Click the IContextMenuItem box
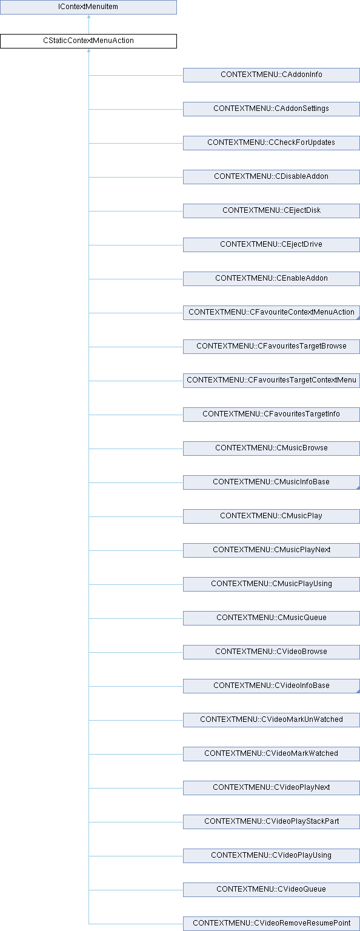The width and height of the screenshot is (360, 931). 88,7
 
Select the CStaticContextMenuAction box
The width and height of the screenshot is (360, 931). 88,41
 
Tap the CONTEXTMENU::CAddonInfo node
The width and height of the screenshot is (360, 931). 272,75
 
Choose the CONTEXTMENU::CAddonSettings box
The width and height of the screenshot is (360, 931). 272,109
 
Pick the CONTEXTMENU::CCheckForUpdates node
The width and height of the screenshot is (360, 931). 272,142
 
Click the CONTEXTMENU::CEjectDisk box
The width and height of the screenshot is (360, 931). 272,211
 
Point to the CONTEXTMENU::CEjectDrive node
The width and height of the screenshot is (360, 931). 272,244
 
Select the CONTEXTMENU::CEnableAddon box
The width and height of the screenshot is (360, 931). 272,278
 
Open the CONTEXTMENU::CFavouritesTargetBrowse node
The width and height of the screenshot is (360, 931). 272,346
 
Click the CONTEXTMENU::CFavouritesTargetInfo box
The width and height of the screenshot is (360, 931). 272,415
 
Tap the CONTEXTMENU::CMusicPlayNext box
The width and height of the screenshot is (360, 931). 272,550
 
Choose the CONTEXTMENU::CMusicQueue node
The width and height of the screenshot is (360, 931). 272,618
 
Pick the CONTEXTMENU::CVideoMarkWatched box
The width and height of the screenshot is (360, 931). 272,753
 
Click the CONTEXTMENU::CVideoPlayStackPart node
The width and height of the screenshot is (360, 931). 272,822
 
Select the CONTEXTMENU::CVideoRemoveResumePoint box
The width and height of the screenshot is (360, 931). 272,923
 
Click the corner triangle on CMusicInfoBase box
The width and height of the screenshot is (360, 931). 358,487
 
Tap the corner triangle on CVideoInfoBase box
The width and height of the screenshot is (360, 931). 358,691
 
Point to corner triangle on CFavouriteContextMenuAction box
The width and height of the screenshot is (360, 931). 358,318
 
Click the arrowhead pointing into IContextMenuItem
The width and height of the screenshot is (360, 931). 88,16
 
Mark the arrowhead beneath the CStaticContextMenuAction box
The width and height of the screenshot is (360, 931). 88,51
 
